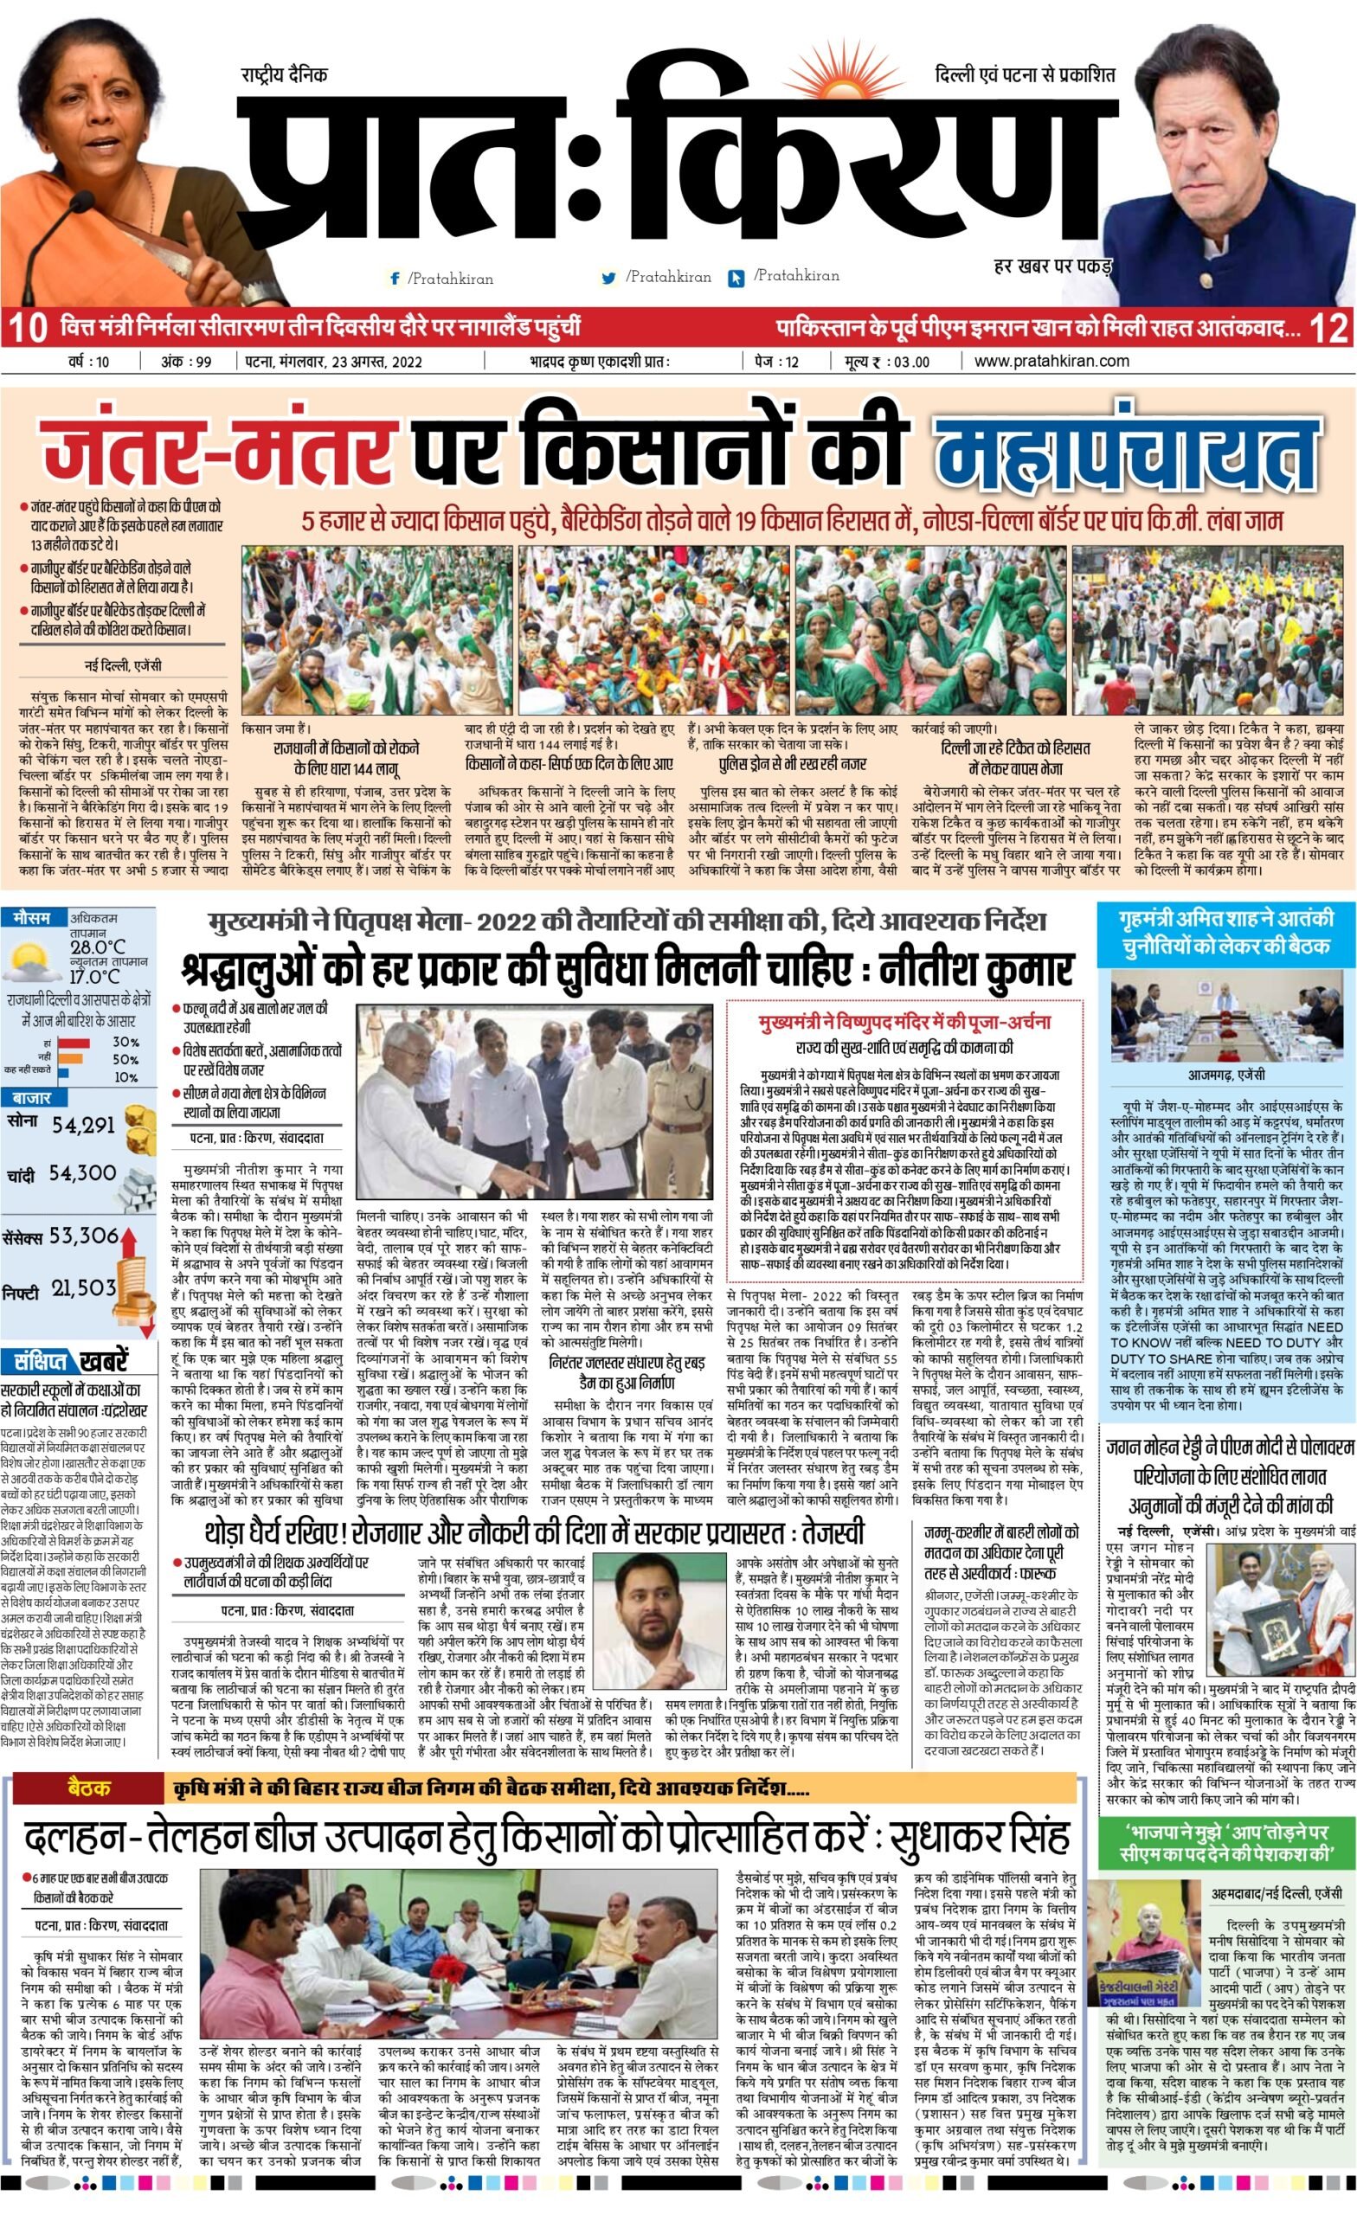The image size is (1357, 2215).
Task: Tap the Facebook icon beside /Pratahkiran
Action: click(394, 279)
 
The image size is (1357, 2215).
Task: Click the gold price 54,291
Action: click(83, 1125)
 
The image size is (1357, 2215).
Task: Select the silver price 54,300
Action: click(82, 1173)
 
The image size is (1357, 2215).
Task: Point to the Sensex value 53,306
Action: click(84, 1236)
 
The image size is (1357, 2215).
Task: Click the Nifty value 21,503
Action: click(84, 1289)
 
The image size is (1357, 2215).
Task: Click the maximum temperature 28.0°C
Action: click(98, 947)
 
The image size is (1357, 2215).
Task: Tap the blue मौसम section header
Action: click(32, 919)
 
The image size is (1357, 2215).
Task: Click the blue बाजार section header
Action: click(32, 1098)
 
